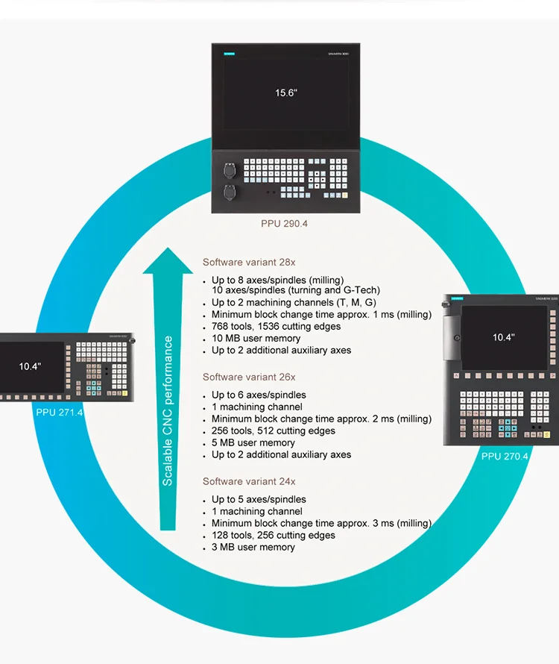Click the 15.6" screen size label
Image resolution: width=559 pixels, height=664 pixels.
point(285,93)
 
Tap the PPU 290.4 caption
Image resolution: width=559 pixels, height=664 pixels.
point(284,224)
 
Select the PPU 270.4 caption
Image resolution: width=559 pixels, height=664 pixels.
point(505,456)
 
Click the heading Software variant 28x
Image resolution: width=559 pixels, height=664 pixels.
point(249,263)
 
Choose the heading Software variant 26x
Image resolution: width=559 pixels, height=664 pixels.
point(249,378)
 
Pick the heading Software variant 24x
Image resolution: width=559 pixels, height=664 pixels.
point(249,482)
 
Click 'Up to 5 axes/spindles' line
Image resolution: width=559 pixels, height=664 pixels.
point(259,500)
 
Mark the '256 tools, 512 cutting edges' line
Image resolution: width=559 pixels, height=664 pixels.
point(274,431)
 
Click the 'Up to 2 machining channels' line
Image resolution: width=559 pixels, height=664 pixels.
point(294,303)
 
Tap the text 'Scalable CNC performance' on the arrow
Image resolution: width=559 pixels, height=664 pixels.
point(168,410)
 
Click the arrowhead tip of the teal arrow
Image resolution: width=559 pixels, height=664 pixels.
point(168,250)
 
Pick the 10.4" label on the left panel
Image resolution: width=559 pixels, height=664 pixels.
point(30,366)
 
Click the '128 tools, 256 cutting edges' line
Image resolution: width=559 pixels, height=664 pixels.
point(274,536)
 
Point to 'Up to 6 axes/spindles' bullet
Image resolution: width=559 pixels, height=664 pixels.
point(259,395)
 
